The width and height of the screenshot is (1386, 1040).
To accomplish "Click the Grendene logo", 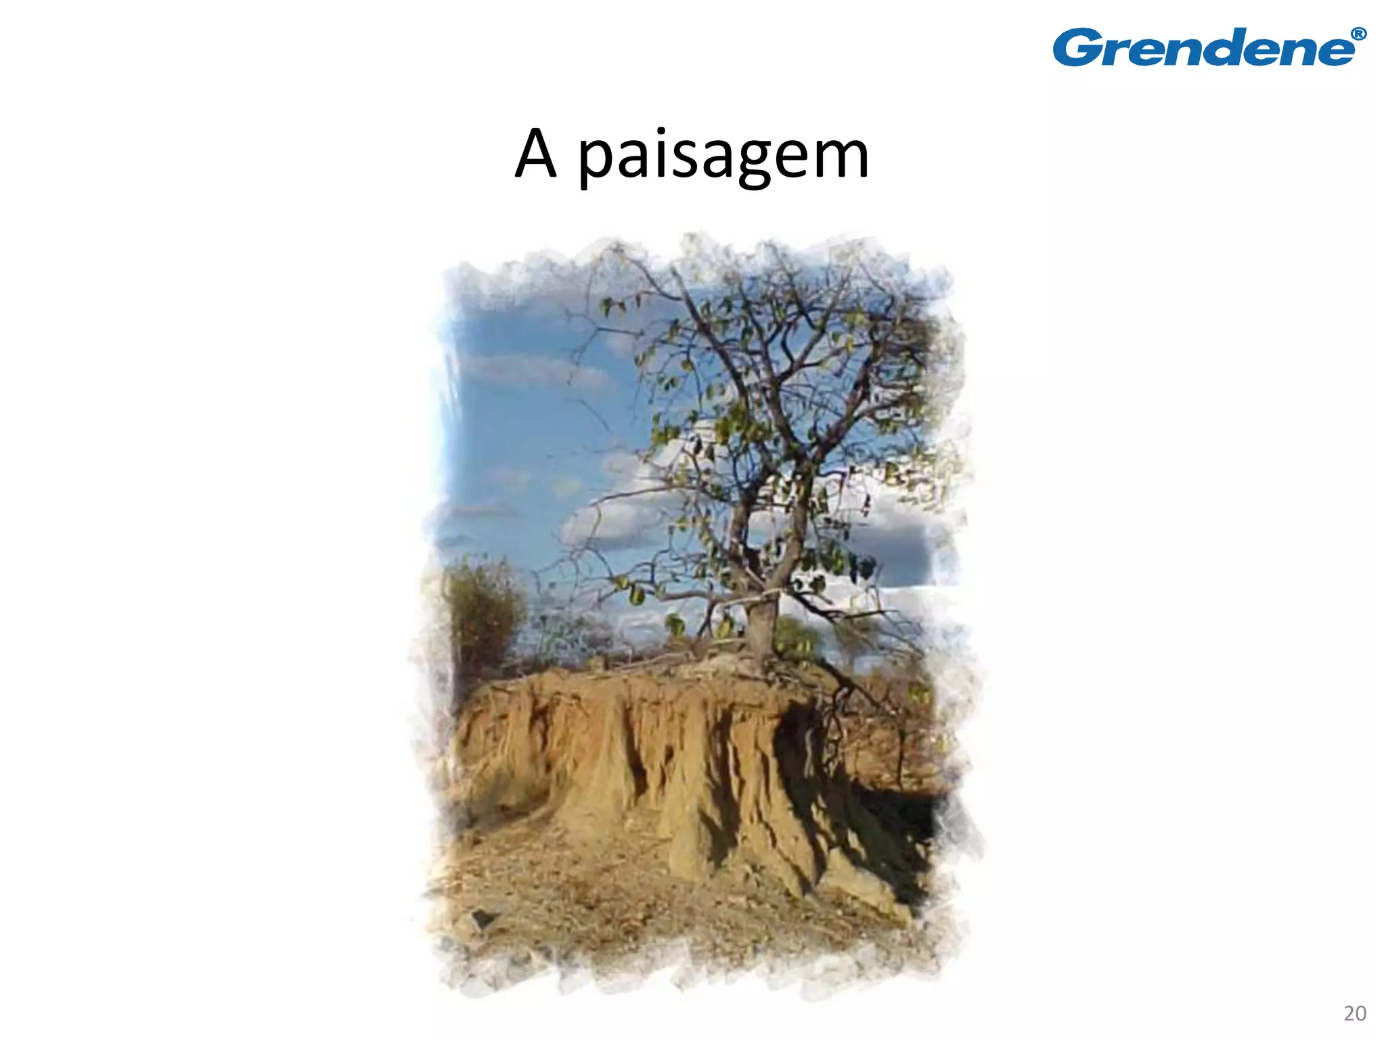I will click(1209, 47).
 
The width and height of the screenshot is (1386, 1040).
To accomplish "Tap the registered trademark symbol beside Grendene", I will click(1358, 35).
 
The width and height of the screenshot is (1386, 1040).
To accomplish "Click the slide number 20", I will click(1355, 1013).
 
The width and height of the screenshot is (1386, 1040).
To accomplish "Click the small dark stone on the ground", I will click(482, 918).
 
